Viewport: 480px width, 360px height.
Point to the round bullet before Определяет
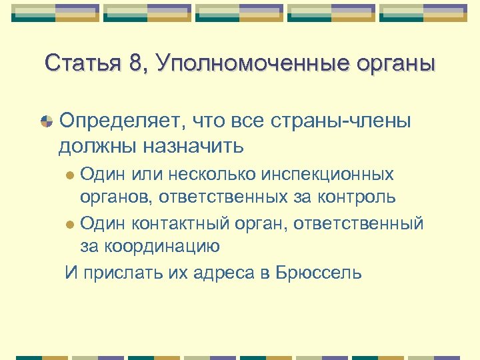[47, 121]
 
